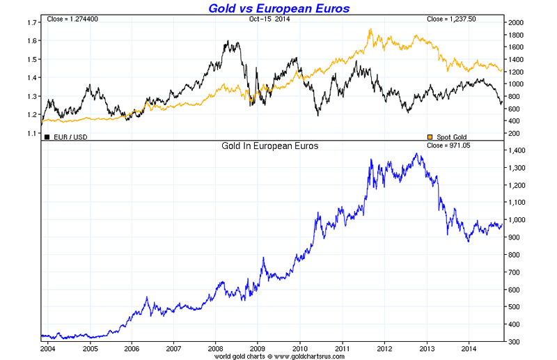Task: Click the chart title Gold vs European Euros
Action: point(279,8)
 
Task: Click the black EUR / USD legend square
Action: point(47,136)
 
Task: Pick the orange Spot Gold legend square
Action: point(430,136)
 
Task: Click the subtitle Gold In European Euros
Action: point(269,146)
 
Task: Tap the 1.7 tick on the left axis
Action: point(31,23)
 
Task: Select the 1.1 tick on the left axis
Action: point(31,133)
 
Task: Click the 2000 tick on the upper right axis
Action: point(516,23)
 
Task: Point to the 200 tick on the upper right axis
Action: point(515,133)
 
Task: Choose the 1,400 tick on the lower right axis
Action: point(519,150)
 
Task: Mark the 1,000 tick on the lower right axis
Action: point(519,220)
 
